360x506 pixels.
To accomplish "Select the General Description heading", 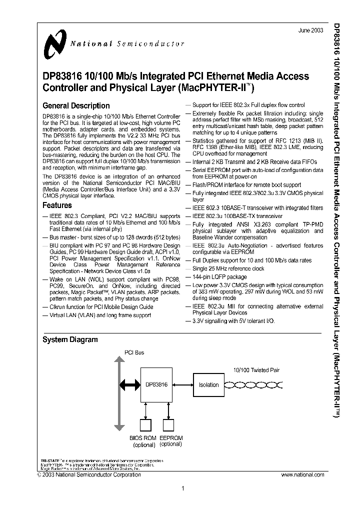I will pyautogui.click(x=76, y=105).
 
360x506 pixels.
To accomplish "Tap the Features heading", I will pyautogui.click(x=57, y=205).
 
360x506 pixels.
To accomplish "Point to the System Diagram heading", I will pyautogui.click(x=69, y=339).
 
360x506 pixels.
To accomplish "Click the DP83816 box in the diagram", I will pyautogui.click(x=156, y=384).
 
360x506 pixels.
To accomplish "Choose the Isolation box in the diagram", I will pyautogui.click(x=208, y=384).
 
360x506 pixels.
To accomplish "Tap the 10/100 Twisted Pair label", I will pyautogui.click(x=256, y=370).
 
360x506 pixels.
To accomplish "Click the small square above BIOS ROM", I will pyautogui.click(x=145, y=425).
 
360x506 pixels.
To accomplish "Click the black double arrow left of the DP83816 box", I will pyautogui.click(x=129, y=384).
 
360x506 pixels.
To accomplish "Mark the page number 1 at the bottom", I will pyautogui.click(x=183, y=489).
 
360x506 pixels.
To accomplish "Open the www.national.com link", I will pyautogui.click(x=304, y=474).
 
